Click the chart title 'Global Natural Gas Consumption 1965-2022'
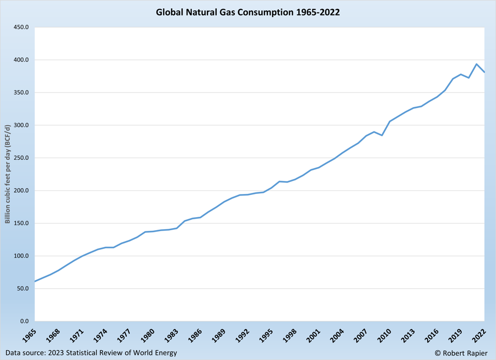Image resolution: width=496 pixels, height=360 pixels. point(248,12)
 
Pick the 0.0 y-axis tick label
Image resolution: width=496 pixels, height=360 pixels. point(24,321)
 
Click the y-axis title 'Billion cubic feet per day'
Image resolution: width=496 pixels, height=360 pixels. point(8,174)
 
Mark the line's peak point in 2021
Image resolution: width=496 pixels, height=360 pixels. point(476,64)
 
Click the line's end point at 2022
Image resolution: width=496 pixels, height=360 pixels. point(484,72)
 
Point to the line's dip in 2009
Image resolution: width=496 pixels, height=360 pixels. point(382,136)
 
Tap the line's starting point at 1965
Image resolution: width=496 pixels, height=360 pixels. point(35,281)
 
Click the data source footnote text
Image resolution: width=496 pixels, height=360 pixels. point(92,353)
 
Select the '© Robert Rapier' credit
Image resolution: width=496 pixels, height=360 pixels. point(461,353)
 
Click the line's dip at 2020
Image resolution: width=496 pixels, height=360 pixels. point(469,78)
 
